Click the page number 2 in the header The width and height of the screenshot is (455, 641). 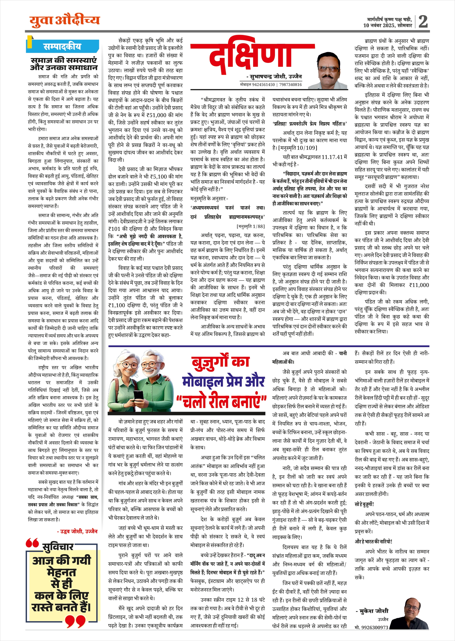click(423, 22)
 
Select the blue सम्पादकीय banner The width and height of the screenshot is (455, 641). click(63, 47)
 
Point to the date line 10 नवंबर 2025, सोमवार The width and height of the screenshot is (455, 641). click(387, 25)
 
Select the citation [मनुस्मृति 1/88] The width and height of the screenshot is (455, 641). click(251, 226)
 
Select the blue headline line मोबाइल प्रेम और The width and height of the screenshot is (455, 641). click(223, 382)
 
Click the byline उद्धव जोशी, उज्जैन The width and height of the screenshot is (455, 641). click(77, 531)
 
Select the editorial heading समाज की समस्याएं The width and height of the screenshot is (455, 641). click(64, 60)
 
